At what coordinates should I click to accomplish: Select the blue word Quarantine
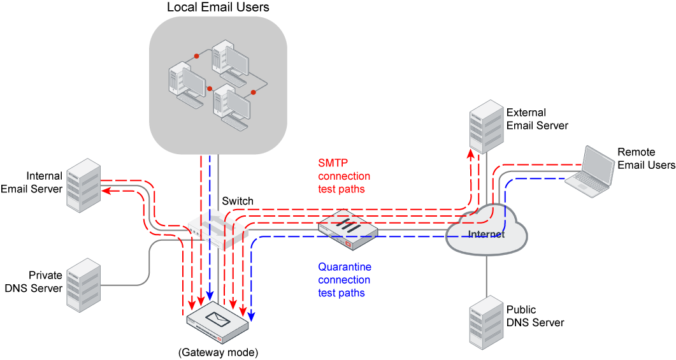[x=345, y=266]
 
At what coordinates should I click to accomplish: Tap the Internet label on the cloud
[x=486, y=234]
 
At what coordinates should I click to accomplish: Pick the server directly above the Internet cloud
[x=486, y=126]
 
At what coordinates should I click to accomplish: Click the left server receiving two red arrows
[x=83, y=185]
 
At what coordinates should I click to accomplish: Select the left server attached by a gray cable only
[x=83, y=284]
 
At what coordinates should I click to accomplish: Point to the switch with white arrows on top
[x=217, y=228]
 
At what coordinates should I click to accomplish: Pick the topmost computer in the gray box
[x=229, y=61]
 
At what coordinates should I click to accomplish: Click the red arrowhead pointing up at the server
[x=471, y=154]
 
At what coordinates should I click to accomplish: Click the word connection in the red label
[x=344, y=176]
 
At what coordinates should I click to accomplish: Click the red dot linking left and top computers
[x=197, y=56]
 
